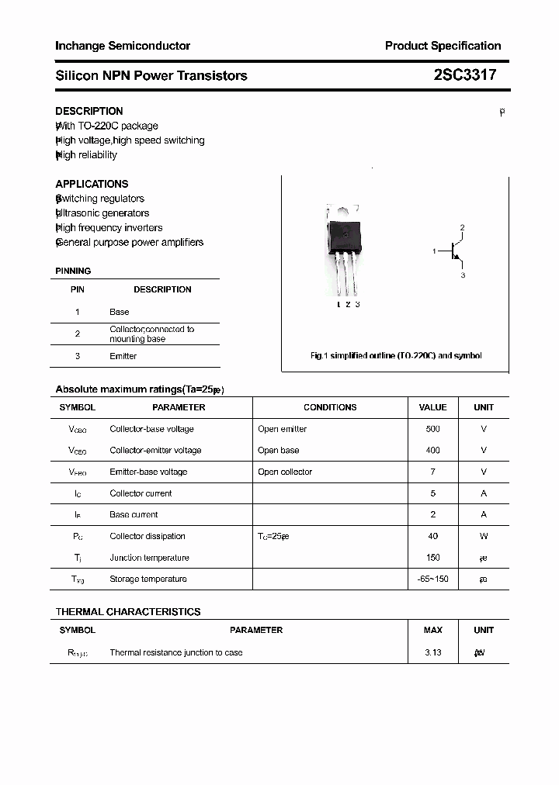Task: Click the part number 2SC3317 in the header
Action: [464, 75]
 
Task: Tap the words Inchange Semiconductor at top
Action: [123, 46]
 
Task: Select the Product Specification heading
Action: [443, 46]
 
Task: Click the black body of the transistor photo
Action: [345, 235]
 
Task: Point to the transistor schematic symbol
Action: [454, 251]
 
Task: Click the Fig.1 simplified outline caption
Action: [396, 356]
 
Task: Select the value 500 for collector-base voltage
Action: [432, 429]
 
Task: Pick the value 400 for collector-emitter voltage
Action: [432, 450]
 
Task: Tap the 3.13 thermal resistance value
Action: [432, 652]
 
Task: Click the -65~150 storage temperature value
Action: [432, 579]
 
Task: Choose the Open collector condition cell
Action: [285, 472]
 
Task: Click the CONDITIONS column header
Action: [330, 407]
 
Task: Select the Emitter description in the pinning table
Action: [123, 356]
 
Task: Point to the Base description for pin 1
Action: [120, 312]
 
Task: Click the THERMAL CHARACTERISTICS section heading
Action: [128, 612]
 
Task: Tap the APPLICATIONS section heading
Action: [92, 184]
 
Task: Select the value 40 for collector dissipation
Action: [432, 536]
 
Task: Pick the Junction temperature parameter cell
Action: [149, 558]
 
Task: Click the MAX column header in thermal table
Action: [432, 630]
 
